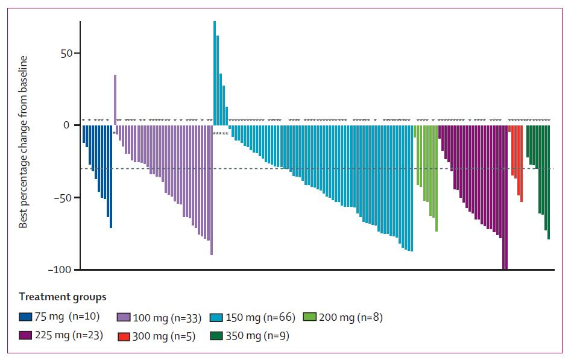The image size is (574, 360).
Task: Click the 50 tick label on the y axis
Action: (x=65, y=53)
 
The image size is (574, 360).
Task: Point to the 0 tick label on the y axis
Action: (x=68, y=125)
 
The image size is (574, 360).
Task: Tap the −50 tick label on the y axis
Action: (x=62, y=198)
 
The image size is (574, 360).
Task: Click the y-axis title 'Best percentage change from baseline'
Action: (x=24, y=142)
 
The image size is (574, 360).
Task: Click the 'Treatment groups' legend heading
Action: (x=62, y=297)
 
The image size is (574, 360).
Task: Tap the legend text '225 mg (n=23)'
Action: (x=71, y=336)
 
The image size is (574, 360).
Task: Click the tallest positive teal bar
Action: (x=215, y=72)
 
